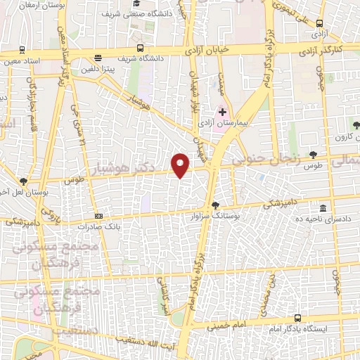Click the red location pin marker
[181, 165]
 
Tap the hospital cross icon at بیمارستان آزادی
[222, 112]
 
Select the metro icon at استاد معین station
[23, 50]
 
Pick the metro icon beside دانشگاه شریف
[141, 49]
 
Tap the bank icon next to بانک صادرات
[98, 216]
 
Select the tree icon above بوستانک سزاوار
[215, 205]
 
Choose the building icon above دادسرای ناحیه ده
[323, 209]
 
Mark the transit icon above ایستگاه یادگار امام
[297, 319]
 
